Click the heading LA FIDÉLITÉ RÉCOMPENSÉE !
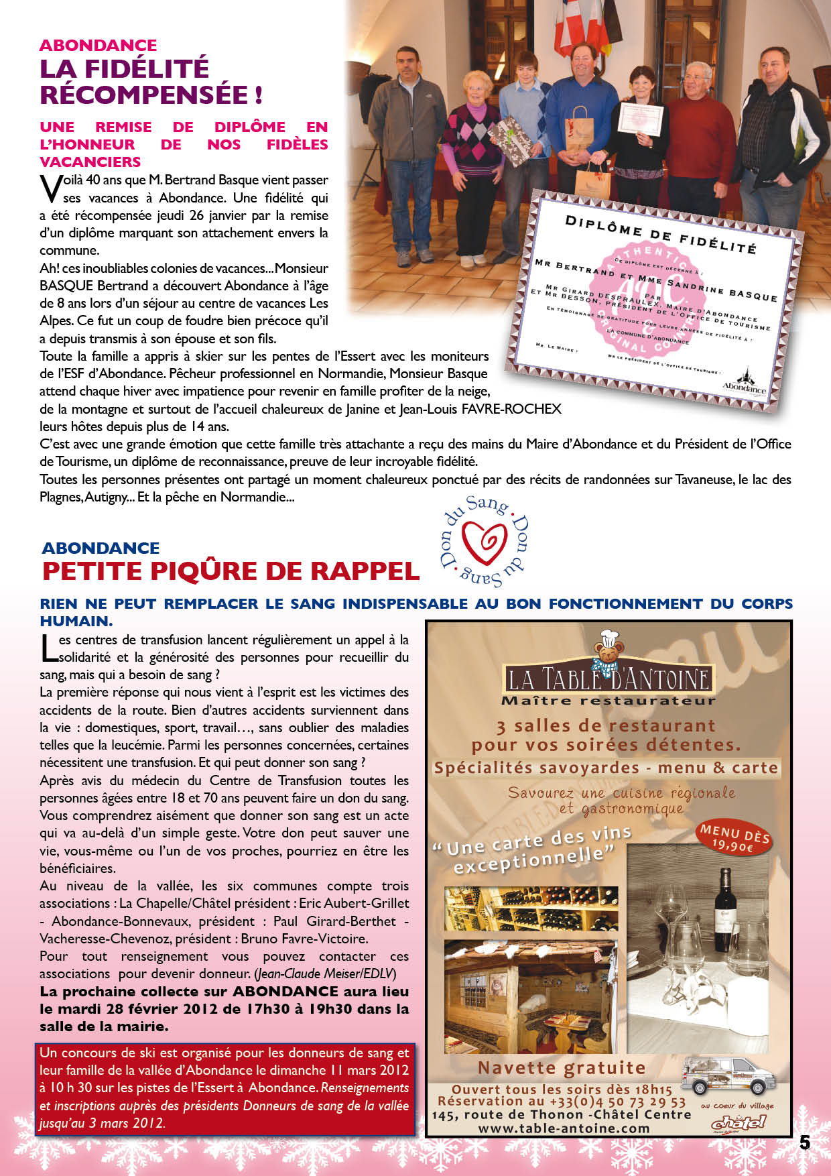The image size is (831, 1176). [150, 81]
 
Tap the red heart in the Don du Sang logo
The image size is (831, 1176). [485, 541]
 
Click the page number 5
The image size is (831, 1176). [804, 1142]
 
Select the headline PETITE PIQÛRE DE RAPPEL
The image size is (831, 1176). [231, 571]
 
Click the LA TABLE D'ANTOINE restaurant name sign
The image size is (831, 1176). [609, 679]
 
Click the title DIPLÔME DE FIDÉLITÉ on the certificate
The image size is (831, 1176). [660, 235]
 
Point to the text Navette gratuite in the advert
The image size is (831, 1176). [562, 1067]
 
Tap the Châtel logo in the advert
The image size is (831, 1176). [738, 1122]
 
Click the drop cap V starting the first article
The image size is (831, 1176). [50, 189]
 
